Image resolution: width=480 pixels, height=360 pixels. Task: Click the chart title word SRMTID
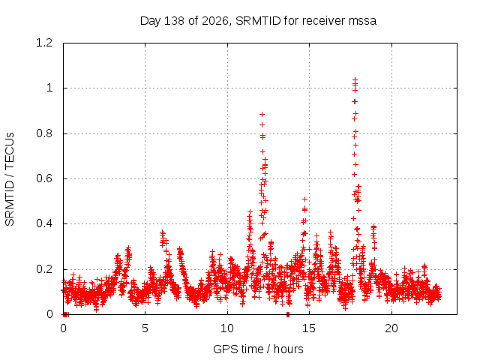coord(258,21)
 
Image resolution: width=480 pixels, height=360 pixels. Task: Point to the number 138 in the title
coord(174,21)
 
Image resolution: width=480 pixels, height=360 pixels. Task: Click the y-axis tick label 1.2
coord(44,43)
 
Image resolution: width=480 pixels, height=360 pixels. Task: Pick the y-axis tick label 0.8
coord(44,133)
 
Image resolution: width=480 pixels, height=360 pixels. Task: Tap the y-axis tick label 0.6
coord(44,178)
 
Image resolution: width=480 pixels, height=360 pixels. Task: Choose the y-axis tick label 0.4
coord(44,223)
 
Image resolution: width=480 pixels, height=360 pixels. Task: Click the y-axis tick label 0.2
coord(44,269)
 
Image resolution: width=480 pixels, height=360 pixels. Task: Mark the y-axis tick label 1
coord(49,88)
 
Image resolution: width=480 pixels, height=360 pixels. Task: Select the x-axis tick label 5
coord(145,328)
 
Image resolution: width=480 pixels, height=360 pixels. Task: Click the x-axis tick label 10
coord(227,328)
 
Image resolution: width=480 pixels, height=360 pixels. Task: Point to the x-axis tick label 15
coord(309,328)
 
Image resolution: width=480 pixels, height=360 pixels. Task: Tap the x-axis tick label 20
coord(391,328)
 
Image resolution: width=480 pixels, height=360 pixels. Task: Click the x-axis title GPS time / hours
coord(258,349)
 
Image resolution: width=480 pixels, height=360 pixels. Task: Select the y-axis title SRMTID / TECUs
coord(10,179)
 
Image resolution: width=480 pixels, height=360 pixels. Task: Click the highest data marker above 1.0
coord(355,79)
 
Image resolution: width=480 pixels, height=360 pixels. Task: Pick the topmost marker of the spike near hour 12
coord(262,115)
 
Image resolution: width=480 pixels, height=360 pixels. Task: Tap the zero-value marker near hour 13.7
coord(288,314)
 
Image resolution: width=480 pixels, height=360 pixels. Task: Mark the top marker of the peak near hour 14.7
coord(305,199)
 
